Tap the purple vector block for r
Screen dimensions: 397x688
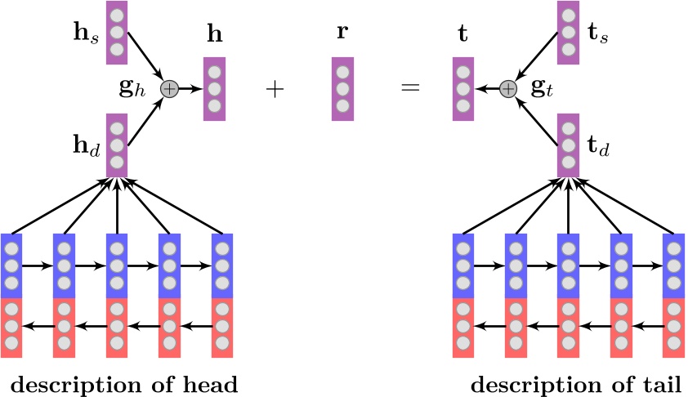[x=343, y=88]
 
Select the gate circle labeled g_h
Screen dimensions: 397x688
[x=169, y=88]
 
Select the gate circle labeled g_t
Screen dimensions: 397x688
[x=508, y=88]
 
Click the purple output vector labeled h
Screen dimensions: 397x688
[x=214, y=88]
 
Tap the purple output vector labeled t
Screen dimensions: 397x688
[x=463, y=88]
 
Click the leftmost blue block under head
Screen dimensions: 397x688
[x=11, y=265]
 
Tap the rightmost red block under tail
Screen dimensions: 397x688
[x=673, y=328]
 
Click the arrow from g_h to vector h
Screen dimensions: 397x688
[x=190, y=88]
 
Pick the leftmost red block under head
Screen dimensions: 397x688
[x=11, y=328]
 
